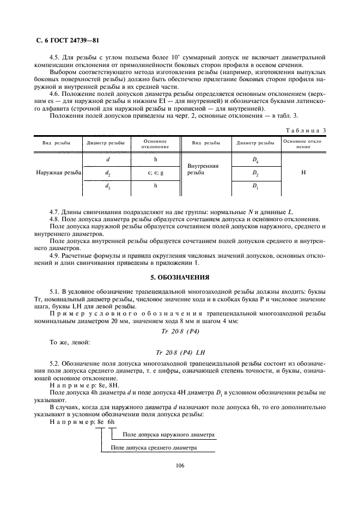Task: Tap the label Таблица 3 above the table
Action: click(x=306, y=130)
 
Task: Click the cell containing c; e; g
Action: click(x=155, y=172)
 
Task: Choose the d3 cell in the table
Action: click(x=107, y=186)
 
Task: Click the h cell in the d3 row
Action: click(x=155, y=186)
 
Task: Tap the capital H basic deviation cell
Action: click(x=303, y=172)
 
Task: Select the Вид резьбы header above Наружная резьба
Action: click(x=57, y=143)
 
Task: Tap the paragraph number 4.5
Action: click(x=54, y=57)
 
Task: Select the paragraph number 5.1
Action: click(x=54, y=293)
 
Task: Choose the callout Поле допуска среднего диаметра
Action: click(x=154, y=447)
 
